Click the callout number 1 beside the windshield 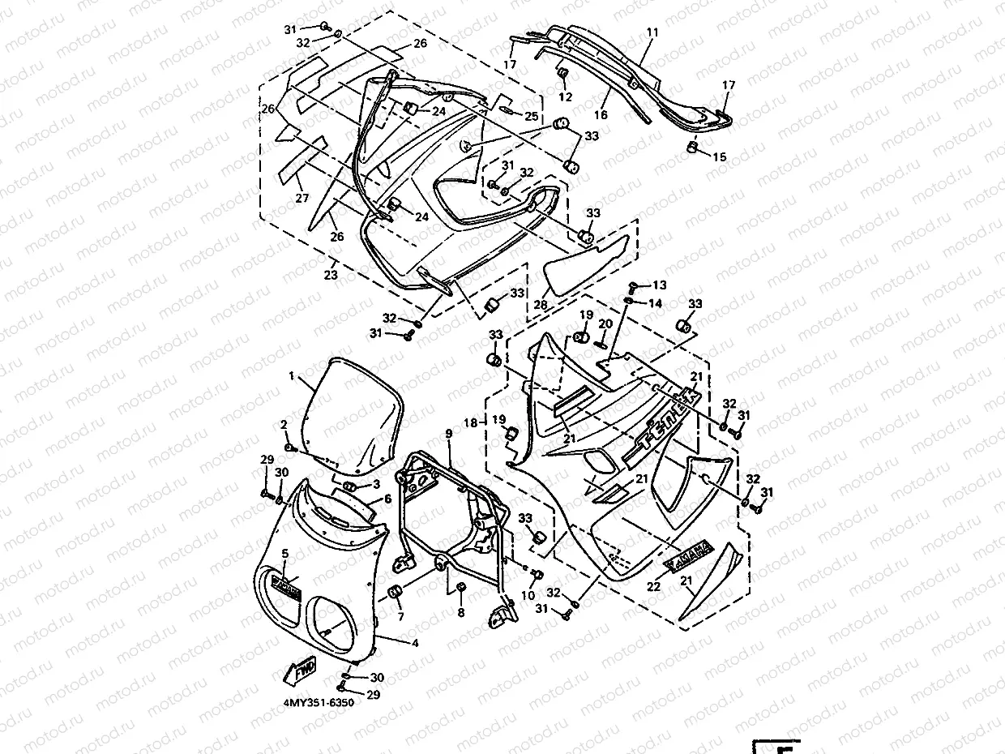[x=292, y=376]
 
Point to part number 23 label [x=330, y=276]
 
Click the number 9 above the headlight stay [x=448, y=435]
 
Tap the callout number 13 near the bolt [x=659, y=285]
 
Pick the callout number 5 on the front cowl [x=285, y=553]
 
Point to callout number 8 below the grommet [x=460, y=613]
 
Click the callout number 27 [x=302, y=198]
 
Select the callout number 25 [x=531, y=115]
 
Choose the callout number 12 [x=566, y=96]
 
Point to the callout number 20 [x=604, y=324]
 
